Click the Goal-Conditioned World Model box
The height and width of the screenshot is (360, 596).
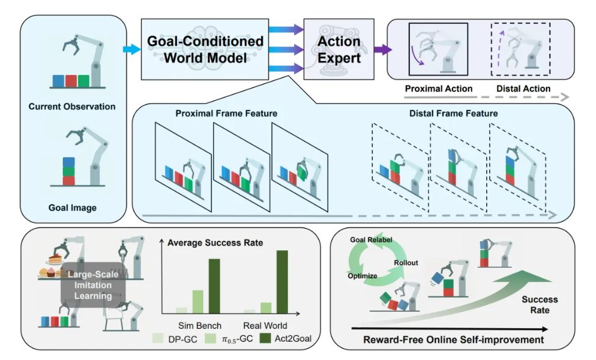coord(205,50)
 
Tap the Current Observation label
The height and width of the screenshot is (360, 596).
coord(72,107)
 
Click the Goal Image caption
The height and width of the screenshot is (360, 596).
coord(72,208)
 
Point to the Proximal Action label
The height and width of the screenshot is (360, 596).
coord(439,89)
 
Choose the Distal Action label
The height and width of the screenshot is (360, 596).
coord(523,89)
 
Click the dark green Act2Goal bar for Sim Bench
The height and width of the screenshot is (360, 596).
coord(213,286)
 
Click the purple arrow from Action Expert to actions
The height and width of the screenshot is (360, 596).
coord(382,49)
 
